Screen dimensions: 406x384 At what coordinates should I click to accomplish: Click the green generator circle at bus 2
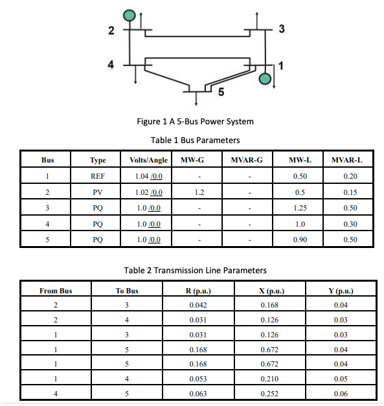point(130,14)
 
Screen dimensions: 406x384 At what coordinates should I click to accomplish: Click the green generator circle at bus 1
point(265,79)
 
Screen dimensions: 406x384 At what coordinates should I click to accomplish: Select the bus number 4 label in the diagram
point(111,65)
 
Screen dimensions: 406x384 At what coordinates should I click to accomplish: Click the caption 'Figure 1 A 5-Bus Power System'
point(195,121)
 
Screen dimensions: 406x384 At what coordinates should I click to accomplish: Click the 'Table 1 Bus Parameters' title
point(195,140)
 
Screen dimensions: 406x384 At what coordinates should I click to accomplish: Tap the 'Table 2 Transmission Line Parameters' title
point(195,270)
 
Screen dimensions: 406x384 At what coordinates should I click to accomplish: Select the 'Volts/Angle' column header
point(148,160)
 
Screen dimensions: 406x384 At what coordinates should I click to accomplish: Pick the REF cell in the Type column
point(97,176)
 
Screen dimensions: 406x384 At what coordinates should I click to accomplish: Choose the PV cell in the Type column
point(97,192)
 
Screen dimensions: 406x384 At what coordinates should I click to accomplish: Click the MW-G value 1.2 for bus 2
point(199,192)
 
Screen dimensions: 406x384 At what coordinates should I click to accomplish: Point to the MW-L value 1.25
point(300,209)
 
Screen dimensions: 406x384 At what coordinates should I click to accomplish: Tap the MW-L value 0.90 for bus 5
point(300,240)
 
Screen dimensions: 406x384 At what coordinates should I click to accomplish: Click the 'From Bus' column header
point(56,291)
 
